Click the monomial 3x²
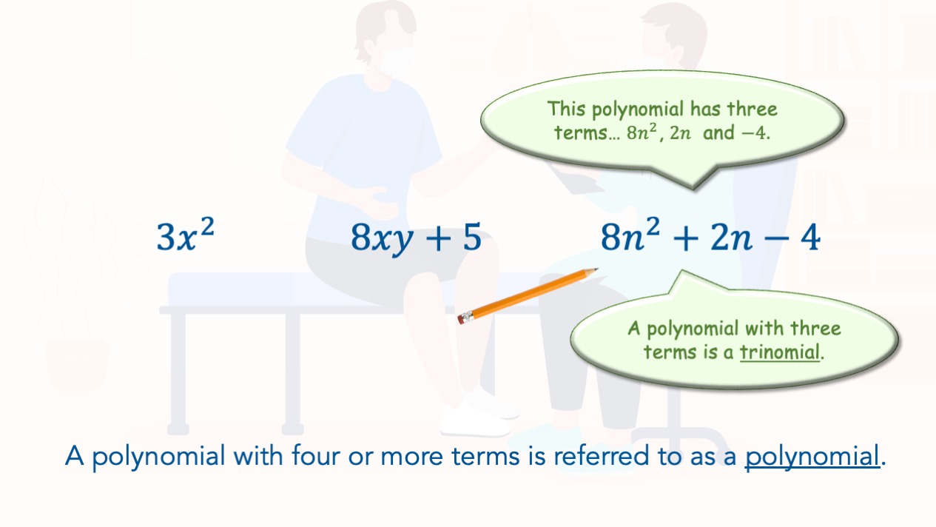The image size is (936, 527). [185, 235]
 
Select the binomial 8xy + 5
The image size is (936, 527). [416, 238]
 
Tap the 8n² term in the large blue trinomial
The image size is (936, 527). [630, 235]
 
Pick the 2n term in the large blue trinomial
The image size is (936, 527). [731, 238]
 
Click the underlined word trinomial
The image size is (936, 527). [780, 352]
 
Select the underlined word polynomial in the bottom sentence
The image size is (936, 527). [812, 457]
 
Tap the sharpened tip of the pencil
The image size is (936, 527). [596, 269]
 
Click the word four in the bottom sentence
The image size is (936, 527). [316, 454]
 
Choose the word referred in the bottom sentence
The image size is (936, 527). [602, 454]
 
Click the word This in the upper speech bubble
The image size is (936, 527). [566, 108]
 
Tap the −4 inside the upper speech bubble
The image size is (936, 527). [755, 133]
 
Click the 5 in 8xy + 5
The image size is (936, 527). [472, 237]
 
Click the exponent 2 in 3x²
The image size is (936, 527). [207, 227]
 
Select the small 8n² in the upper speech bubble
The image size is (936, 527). [642, 132]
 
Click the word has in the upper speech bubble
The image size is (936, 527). [705, 109]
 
